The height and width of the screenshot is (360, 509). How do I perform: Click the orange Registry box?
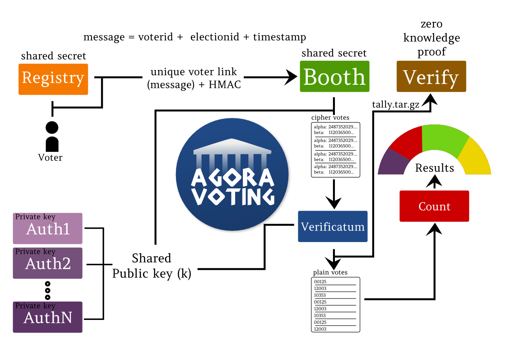pos(53,79)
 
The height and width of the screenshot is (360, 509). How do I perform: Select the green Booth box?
pos(334,76)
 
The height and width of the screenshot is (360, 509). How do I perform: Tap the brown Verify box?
pos(431,76)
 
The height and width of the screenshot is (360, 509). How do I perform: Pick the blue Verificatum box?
pos(333,226)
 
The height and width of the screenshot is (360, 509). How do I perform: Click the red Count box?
pos(434,206)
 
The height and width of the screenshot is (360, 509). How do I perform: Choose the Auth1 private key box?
pos(48,228)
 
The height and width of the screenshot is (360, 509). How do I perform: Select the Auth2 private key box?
pos(48,263)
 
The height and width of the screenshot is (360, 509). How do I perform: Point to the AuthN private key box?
pos(48,317)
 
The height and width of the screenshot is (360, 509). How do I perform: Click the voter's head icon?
pos(52,128)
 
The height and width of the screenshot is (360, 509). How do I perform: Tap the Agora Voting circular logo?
pos(232,174)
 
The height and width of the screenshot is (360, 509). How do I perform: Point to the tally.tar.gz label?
pos(396,105)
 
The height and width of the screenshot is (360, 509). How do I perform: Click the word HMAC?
pos(225,84)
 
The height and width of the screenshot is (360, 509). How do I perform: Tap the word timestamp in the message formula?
pos(280,37)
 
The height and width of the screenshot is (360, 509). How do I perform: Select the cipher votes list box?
pos(335,150)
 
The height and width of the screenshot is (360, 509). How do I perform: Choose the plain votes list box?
pos(335,305)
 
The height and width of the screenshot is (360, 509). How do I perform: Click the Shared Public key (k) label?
pos(152,266)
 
